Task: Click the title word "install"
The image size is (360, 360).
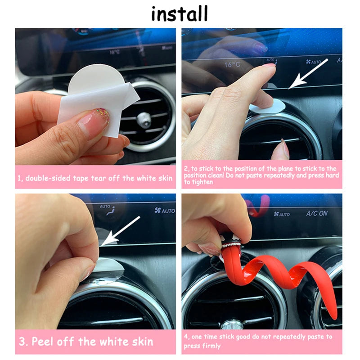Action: coord(180,13)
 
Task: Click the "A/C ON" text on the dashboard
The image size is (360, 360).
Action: coord(317,213)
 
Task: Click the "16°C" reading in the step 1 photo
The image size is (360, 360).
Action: coord(114,52)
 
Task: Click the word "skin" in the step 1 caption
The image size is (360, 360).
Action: coord(164,178)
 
